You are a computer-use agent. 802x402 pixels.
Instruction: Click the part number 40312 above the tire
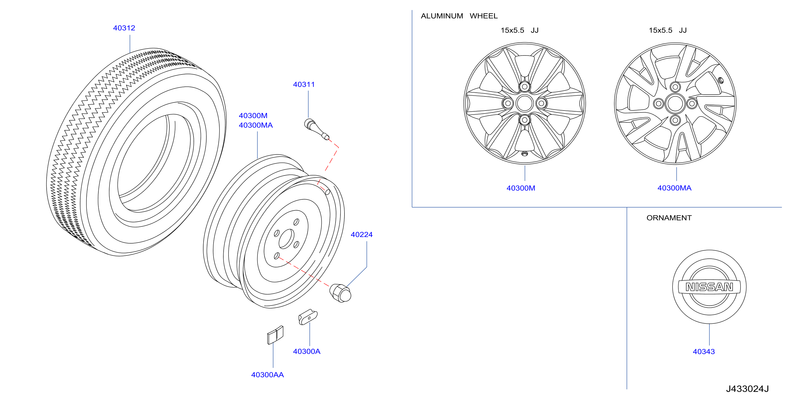point(124,28)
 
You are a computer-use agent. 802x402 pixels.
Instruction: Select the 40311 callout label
point(304,84)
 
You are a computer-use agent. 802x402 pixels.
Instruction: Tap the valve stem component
point(316,129)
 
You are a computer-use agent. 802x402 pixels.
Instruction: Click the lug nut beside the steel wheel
point(340,293)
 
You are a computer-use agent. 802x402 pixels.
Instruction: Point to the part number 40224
point(362,235)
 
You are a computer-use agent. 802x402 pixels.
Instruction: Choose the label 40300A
point(307,351)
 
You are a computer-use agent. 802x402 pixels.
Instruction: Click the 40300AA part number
point(268,375)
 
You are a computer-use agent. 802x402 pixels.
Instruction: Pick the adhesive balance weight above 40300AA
point(275,335)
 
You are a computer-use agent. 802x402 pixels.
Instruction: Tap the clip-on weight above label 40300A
point(308,317)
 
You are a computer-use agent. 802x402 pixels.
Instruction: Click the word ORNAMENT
point(669,218)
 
